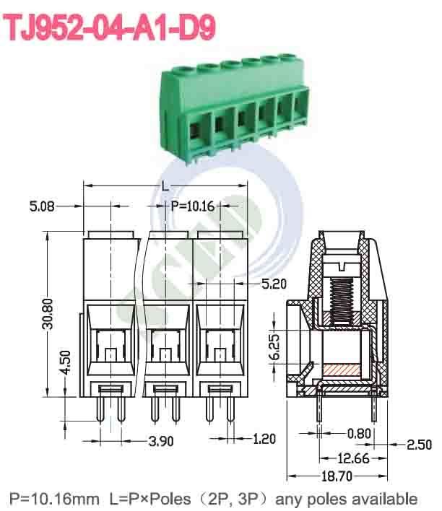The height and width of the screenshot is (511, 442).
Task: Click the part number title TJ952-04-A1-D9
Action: point(110,27)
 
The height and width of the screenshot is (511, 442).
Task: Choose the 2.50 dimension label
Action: point(420,445)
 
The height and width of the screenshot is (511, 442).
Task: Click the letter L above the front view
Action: point(165,186)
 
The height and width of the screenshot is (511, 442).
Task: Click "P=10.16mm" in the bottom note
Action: point(53,498)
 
